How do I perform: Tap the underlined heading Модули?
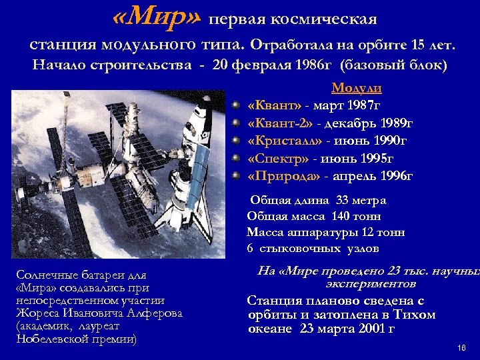click(x=357, y=89)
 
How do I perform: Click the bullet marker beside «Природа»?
click(x=236, y=177)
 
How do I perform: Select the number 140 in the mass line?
click(x=349, y=217)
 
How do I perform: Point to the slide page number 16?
click(x=461, y=348)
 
